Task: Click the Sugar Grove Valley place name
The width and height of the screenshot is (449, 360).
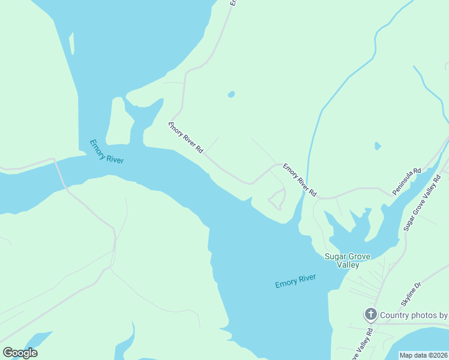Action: tap(347, 260)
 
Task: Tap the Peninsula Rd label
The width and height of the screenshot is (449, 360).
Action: tap(407, 181)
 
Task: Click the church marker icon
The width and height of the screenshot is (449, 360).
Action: tap(371, 314)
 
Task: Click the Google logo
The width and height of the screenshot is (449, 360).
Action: tap(20, 353)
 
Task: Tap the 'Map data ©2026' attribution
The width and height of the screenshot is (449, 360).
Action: tap(424, 355)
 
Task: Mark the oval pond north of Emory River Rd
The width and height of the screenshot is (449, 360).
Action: tap(231, 94)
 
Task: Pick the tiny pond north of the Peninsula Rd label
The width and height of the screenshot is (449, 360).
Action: tap(378, 146)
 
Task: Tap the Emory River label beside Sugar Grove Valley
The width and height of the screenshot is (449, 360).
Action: tap(295, 281)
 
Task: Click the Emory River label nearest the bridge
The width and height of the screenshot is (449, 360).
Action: tap(107, 151)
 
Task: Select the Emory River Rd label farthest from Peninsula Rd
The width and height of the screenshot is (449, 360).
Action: tap(185, 137)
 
